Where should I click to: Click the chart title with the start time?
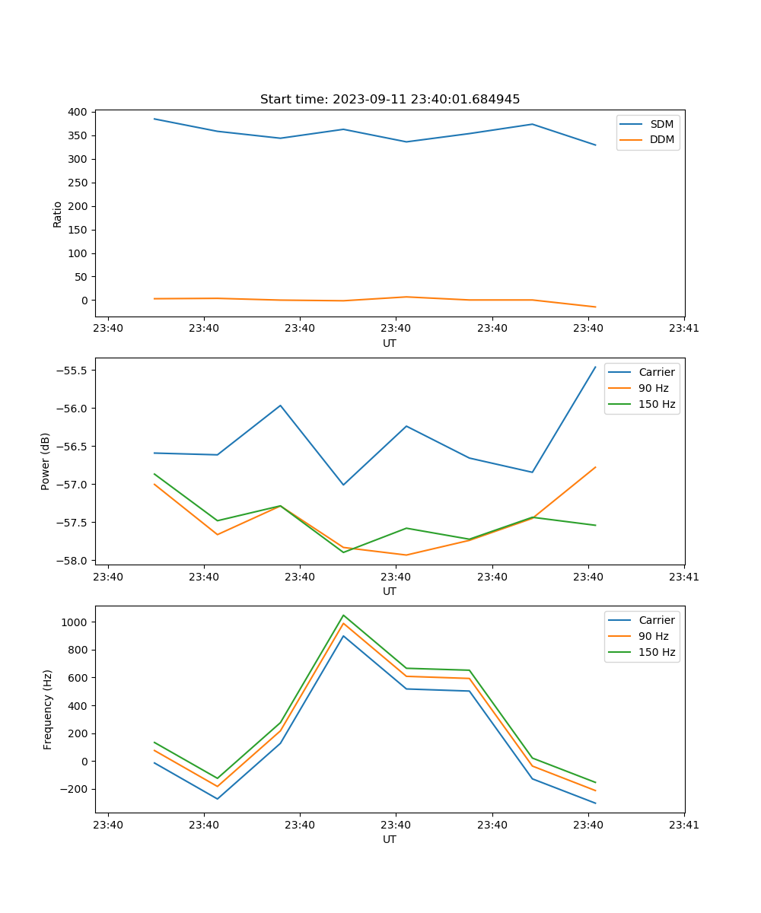390,100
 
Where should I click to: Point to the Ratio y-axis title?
58,214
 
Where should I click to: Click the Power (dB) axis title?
46,461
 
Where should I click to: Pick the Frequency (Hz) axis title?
48,709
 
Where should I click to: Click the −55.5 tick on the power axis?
71,371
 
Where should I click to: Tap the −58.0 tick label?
71,561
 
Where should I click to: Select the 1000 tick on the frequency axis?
75,622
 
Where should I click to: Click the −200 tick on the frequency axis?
73,789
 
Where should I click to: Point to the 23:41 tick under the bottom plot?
684,824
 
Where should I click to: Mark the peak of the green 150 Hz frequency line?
343,615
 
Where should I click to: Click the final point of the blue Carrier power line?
595,367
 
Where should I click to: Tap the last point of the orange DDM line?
595,307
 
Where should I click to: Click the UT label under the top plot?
390,343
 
